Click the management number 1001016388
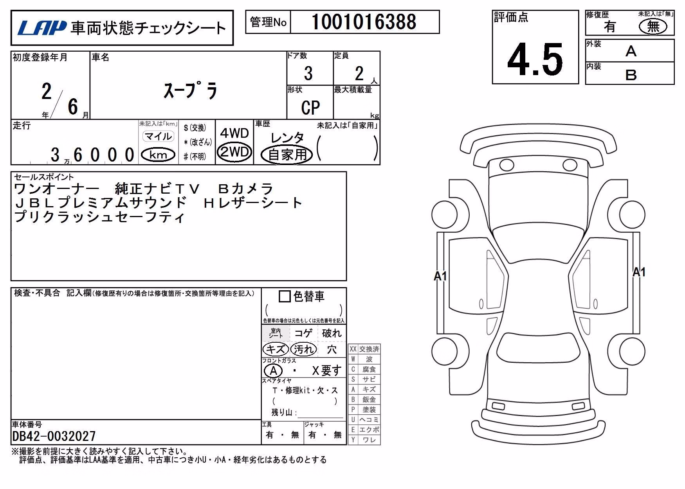click(364, 22)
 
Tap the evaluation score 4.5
click(535, 59)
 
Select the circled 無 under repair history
click(653, 26)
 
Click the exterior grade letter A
click(631, 51)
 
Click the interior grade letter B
click(631, 75)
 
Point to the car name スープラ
click(190, 90)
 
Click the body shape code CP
click(310, 108)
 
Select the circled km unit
click(158, 155)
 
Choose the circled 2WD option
click(234, 151)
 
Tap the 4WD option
click(234, 133)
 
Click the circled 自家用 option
click(287, 155)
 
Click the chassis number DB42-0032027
click(54, 436)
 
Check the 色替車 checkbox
click(285, 296)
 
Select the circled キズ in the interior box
click(276, 349)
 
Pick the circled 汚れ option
click(304, 349)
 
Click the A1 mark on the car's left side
click(440, 276)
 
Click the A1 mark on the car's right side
click(639, 272)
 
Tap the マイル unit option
click(158, 136)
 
